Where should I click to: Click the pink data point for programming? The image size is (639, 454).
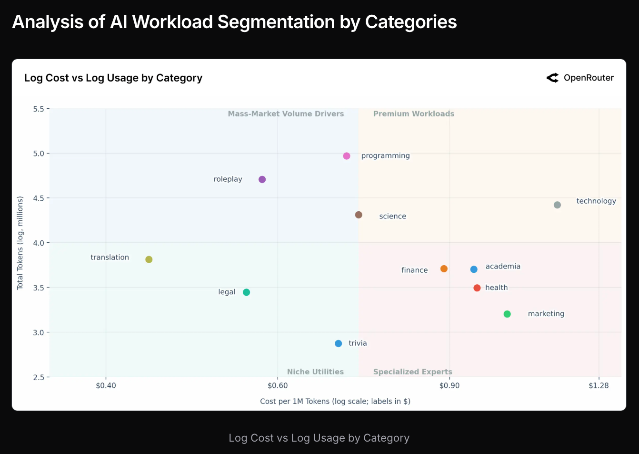(x=347, y=156)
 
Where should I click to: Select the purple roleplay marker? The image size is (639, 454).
(x=262, y=179)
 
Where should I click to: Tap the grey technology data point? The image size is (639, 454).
(x=557, y=205)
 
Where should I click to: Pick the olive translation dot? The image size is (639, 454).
(x=149, y=259)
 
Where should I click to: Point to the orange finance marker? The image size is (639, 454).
(x=444, y=269)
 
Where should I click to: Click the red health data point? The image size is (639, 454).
(x=477, y=288)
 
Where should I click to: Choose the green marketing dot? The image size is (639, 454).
(x=507, y=314)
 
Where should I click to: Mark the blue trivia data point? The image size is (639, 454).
(x=339, y=343)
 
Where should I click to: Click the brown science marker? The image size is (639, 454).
(x=359, y=215)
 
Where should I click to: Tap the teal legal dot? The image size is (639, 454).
(x=246, y=292)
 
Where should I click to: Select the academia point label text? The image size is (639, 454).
(x=503, y=267)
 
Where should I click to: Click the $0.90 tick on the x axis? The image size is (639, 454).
(x=449, y=385)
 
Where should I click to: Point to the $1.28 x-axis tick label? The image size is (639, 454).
(x=599, y=385)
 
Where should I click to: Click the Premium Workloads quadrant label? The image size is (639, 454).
(x=413, y=114)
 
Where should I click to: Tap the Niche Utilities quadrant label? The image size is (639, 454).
(x=315, y=372)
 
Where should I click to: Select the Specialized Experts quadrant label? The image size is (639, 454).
(x=412, y=372)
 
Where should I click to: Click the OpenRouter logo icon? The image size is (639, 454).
(x=552, y=78)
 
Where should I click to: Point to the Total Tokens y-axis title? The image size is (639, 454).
(x=20, y=243)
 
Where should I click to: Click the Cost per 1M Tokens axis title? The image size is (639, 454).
(x=335, y=402)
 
